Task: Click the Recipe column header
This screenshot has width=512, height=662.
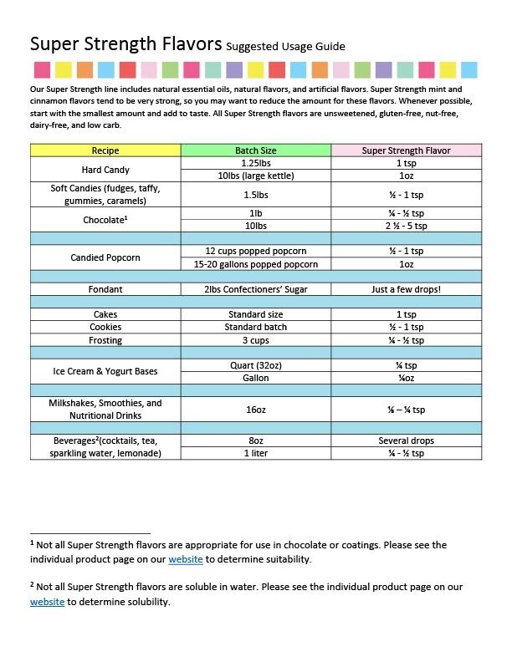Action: [x=105, y=150]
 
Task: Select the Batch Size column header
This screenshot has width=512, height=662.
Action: [x=256, y=150]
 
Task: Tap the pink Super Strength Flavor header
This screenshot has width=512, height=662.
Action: [x=406, y=150]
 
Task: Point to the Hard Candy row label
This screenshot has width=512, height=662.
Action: [x=105, y=170]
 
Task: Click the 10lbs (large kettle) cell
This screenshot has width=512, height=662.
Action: [x=256, y=176]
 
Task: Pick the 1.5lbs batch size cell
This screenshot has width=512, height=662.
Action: [x=256, y=194]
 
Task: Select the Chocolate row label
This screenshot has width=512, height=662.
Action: [x=105, y=220]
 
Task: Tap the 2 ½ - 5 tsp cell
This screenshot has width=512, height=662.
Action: [x=406, y=226]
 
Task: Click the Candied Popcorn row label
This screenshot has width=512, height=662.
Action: [x=105, y=257]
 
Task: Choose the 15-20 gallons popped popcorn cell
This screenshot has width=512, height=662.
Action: [x=256, y=264]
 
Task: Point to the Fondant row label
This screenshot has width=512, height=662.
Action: [x=105, y=289]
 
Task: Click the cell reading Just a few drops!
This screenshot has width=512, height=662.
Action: [x=406, y=289]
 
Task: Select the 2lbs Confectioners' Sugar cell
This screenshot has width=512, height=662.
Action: [x=256, y=289]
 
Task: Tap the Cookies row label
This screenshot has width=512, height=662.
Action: [x=105, y=327]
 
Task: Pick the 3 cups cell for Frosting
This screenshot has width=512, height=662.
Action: [x=256, y=340]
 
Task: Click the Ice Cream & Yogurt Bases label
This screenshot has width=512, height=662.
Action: [x=105, y=371]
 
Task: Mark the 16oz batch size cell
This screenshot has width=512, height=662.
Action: [x=256, y=410]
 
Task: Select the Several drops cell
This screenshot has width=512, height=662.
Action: [x=406, y=440]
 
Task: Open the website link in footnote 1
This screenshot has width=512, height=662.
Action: [x=186, y=559]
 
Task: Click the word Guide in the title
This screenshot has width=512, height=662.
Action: [x=327, y=47]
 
